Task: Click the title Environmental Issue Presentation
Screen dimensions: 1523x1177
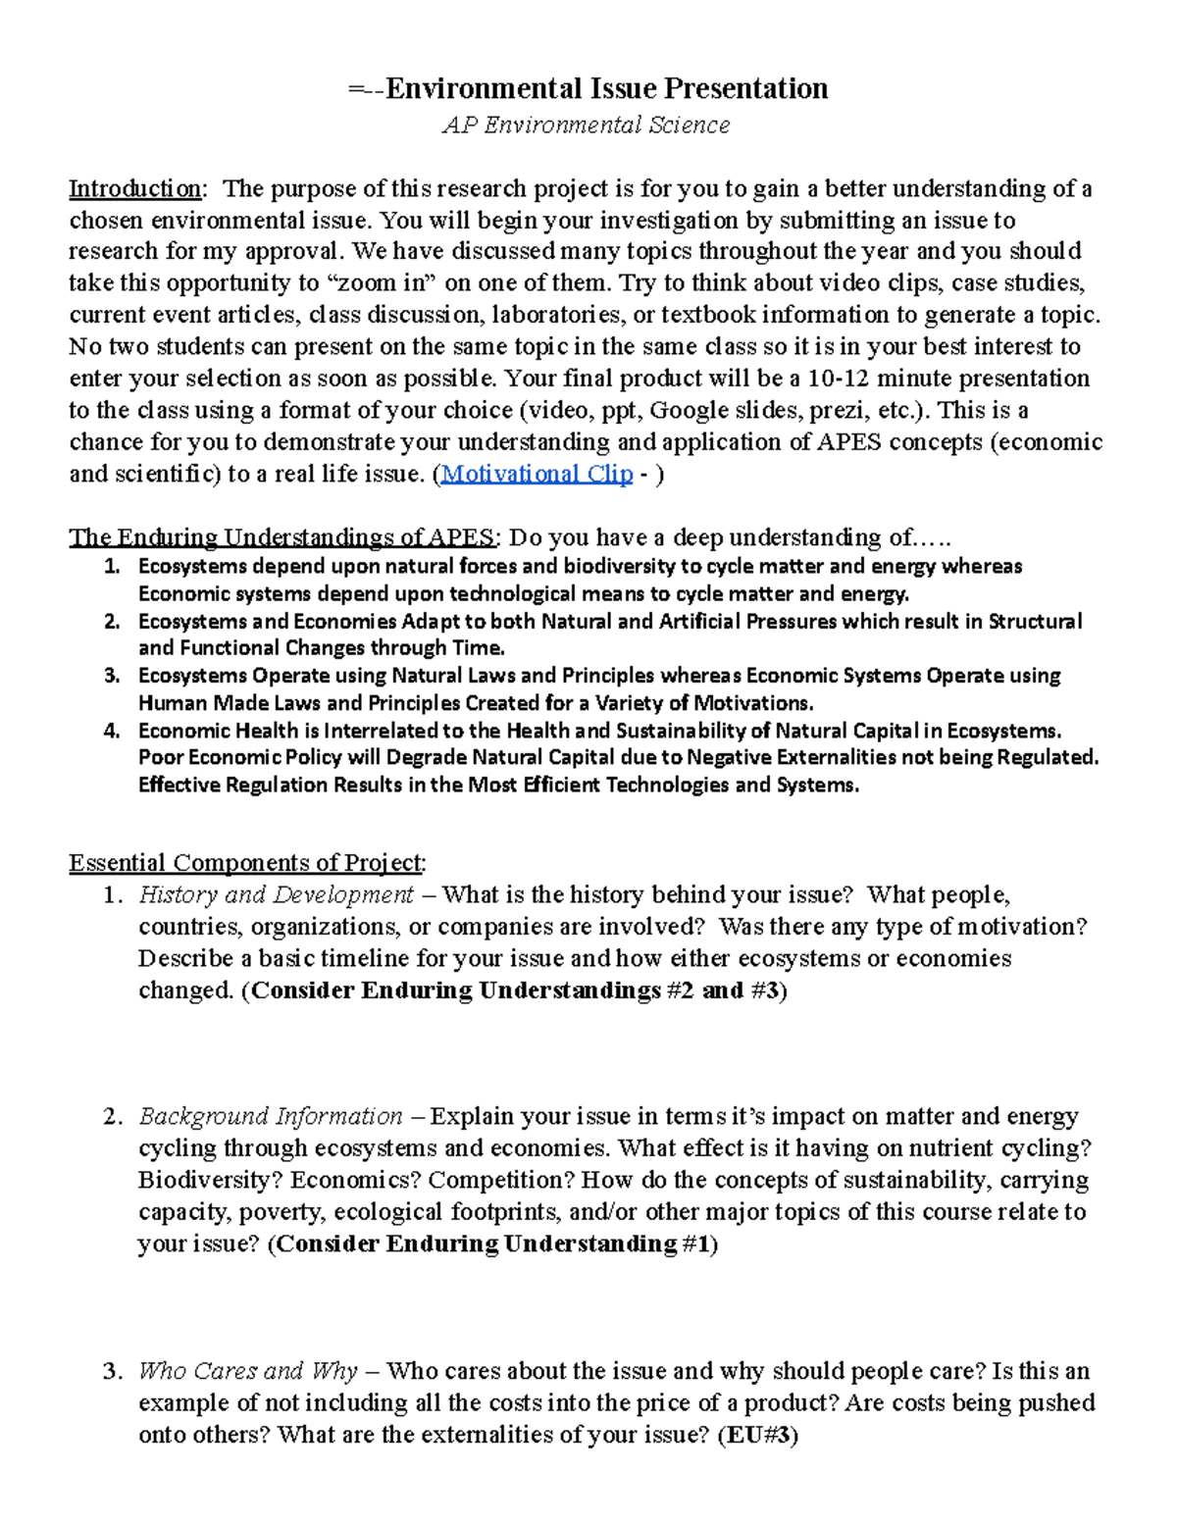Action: pos(605,89)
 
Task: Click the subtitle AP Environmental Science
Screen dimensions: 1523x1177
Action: pos(586,126)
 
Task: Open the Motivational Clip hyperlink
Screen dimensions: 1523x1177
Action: pos(537,474)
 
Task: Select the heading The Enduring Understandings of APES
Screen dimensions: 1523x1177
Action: pos(282,537)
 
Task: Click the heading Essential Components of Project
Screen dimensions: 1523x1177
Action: pos(246,863)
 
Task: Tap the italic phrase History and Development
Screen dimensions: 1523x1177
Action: pos(276,894)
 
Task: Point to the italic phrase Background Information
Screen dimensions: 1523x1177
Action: pos(271,1116)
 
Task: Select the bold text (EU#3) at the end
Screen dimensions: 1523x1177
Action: pos(758,1435)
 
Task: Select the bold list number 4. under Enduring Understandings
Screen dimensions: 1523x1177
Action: pos(111,731)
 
